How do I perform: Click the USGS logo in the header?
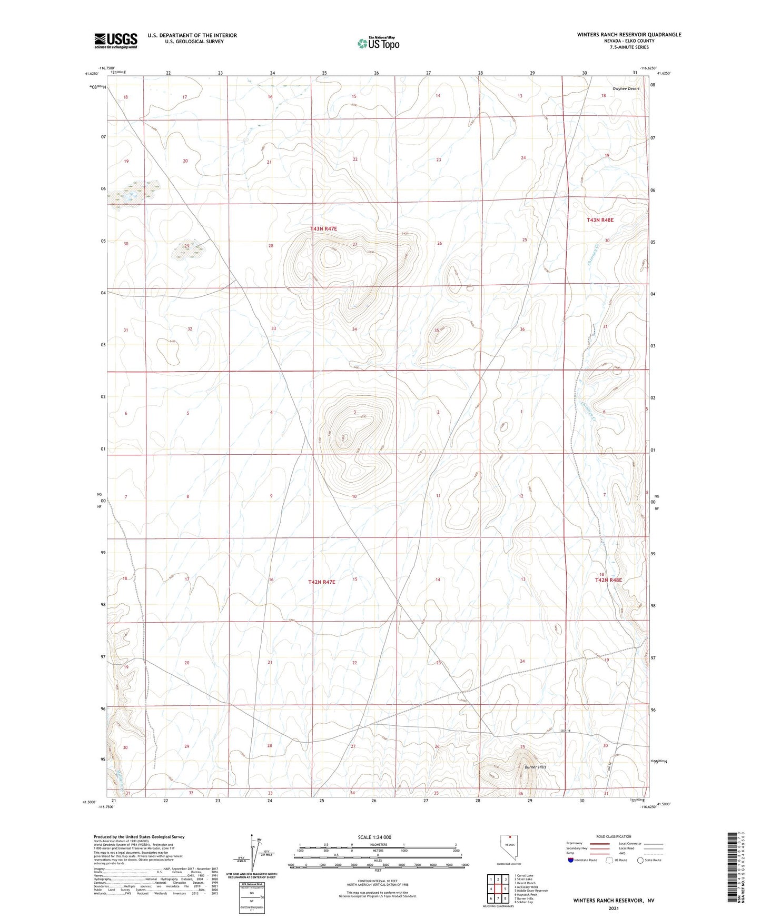click(x=116, y=41)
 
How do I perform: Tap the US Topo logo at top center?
click(x=378, y=43)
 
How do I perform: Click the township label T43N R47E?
click(x=323, y=229)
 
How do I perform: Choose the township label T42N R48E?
click(x=608, y=580)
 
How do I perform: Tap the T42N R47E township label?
click(x=322, y=582)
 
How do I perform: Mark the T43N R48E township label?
click(x=600, y=220)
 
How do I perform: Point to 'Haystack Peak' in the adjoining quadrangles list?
click(x=526, y=894)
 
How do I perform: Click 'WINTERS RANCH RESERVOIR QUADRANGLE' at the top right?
click(x=629, y=35)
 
